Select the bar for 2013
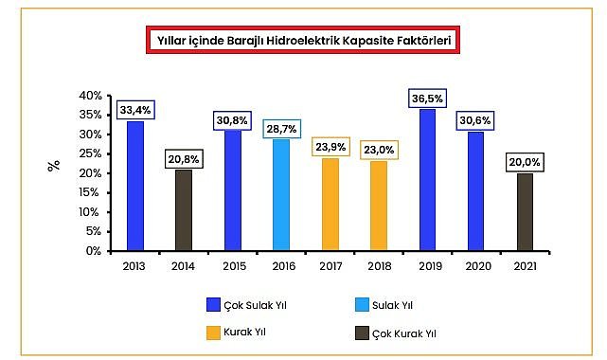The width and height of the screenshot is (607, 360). [135, 186]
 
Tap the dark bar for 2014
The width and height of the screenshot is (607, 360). [184, 210]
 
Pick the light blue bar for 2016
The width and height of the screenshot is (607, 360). [281, 195]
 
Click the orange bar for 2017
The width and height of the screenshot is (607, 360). [330, 205]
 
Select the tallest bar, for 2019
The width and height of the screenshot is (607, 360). [427, 180]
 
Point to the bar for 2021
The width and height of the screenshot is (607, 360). [525, 212]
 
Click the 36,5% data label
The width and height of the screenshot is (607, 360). [427, 99]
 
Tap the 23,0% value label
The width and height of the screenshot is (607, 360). [378, 150]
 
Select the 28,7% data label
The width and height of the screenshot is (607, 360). [281, 127]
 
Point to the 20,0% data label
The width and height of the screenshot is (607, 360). [525, 162]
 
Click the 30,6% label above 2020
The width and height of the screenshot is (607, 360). [476, 120]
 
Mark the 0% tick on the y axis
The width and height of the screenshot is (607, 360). [93, 251]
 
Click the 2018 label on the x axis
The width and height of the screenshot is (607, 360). [379, 267]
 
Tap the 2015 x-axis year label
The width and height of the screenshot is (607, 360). [232, 267]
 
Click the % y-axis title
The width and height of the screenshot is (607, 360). [54, 165]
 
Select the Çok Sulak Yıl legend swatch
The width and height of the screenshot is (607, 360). [214, 304]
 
